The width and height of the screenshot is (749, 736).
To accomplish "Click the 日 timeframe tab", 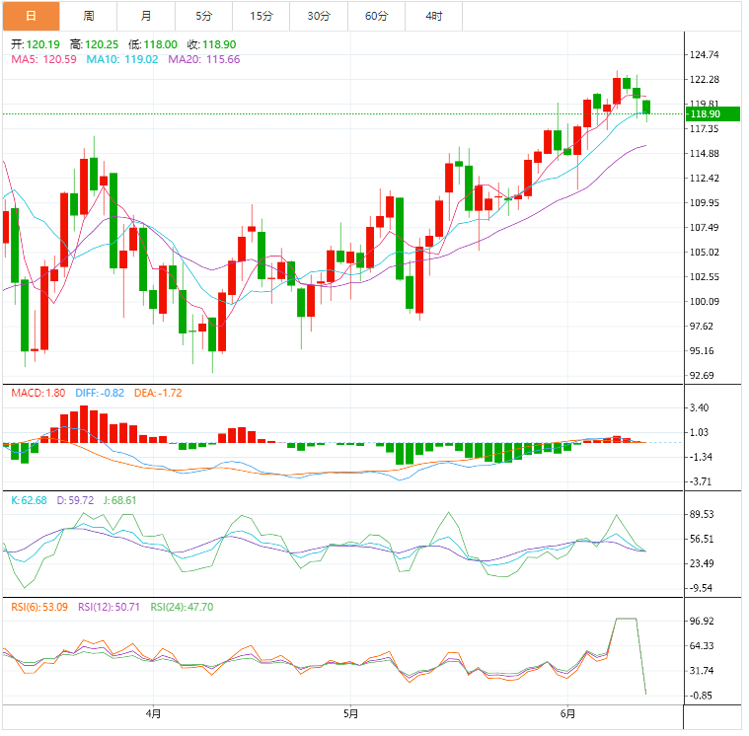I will click(31, 16).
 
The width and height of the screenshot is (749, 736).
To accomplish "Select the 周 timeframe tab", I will click(89, 16).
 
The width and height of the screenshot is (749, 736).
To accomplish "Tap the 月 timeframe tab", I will click(146, 16).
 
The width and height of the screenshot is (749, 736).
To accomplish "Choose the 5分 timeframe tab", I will click(203, 16).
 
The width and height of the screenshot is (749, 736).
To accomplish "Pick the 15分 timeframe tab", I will click(262, 16).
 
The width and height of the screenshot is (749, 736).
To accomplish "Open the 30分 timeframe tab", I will click(319, 16).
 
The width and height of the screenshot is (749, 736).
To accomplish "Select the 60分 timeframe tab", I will click(376, 16).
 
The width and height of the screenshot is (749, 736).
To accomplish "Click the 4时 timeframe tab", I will click(434, 16).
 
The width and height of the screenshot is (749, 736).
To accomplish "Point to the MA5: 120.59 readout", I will click(43, 59).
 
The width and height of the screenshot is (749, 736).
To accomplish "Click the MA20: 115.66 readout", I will click(204, 59).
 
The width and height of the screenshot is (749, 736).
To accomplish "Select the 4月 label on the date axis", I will click(153, 712).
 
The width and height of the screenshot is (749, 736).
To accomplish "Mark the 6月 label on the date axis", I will click(566, 712).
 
